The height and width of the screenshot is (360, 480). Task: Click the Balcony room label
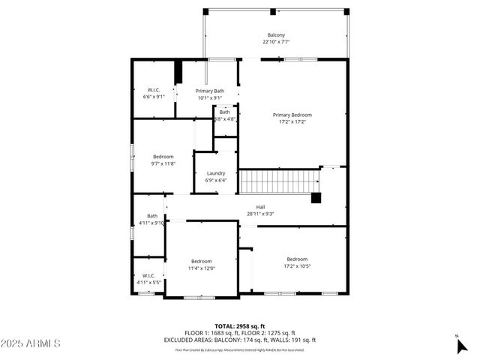pyautogui.click(x=277, y=35)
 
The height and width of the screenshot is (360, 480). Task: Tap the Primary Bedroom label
pyautogui.click(x=292, y=115)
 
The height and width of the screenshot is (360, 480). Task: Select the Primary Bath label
pyautogui.click(x=210, y=91)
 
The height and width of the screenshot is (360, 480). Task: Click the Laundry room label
pyautogui.click(x=216, y=173)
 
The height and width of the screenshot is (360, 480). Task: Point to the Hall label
pyautogui.click(x=260, y=207)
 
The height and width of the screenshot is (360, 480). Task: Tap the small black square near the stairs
pyautogui.click(x=316, y=198)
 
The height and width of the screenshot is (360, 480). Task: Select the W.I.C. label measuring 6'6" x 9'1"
pyautogui.click(x=154, y=91)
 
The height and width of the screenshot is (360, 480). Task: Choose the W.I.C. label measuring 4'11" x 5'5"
pyautogui.click(x=148, y=276)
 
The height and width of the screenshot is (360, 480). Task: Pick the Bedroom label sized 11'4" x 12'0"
pyautogui.click(x=201, y=261)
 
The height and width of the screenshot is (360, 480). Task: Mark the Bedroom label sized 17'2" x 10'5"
pyautogui.click(x=296, y=259)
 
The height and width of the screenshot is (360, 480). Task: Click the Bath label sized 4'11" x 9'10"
pyautogui.click(x=152, y=216)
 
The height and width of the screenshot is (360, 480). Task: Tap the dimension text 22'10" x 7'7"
pyautogui.click(x=277, y=42)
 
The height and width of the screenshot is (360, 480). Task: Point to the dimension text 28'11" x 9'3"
pyautogui.click(x=260, y=214)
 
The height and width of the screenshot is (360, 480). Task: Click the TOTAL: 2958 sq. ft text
pyautogui.click(x=240, y=326)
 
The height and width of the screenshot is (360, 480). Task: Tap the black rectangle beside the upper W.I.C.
pyautogui.click(x=178, y=73)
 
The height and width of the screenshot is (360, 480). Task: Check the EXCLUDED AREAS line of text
pyautogui.click(x=240, y=340)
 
